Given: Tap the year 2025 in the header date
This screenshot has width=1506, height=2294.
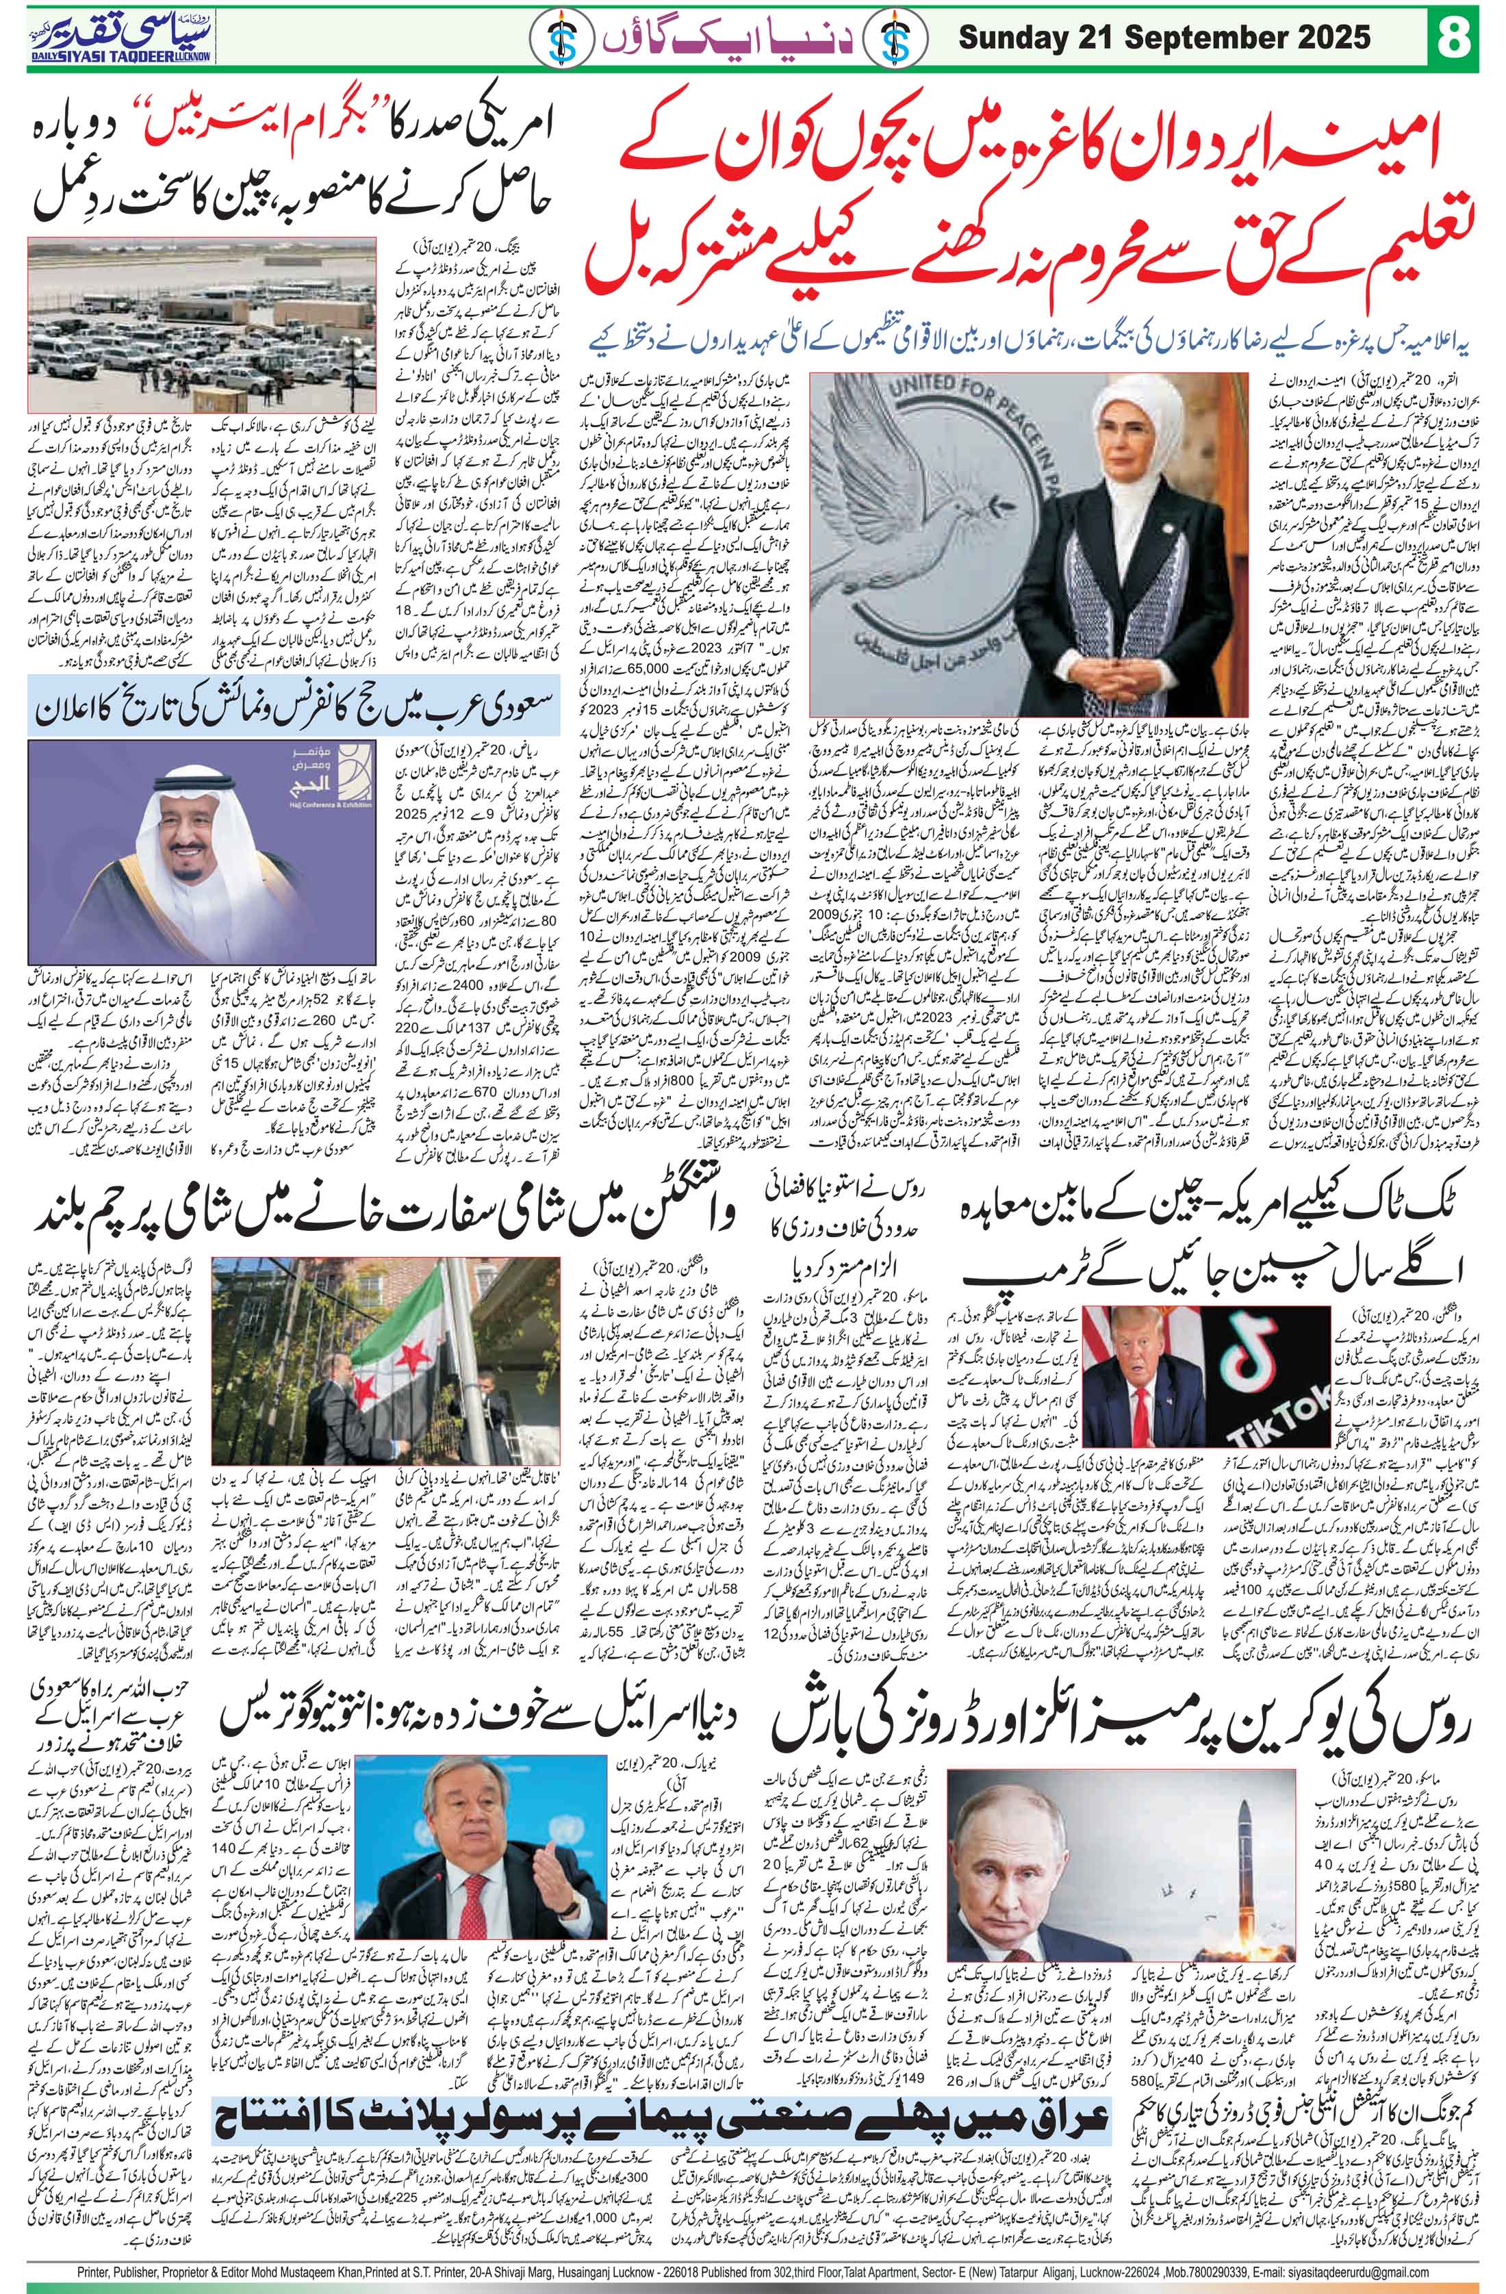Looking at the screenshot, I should [1333, 38].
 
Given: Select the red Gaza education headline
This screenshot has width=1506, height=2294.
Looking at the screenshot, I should [1050, 203].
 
